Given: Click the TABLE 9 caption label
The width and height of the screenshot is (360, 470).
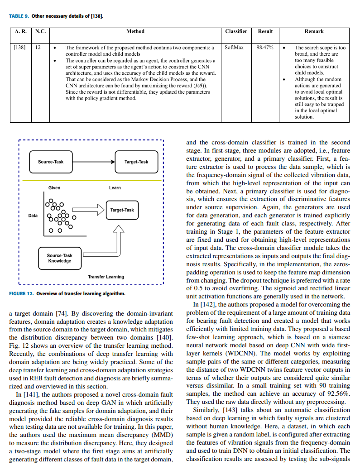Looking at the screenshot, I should (x=19, y=16).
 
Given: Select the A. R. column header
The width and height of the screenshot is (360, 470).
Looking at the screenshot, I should (x=21, y=31).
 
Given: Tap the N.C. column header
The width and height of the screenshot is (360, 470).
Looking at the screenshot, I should (x=40, y=31).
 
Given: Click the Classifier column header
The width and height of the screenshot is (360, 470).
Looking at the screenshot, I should (x=236, y=31).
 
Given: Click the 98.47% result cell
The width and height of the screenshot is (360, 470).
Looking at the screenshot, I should (x=265, y=47).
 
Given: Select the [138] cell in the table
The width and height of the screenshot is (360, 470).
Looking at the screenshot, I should (x=19, y=47).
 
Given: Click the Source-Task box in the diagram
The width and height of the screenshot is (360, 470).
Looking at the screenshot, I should (x=51, y=162).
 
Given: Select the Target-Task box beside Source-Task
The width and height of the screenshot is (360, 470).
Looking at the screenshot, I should (x=136, y=162).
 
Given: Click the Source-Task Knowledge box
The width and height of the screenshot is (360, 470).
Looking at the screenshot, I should (x=59, y=258).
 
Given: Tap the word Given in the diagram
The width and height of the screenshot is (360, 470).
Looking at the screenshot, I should (x=54, y=188).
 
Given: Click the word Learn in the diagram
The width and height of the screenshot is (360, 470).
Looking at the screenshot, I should (x=115, y=188).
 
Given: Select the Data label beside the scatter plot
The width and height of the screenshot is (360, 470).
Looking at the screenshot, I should (x=33, y=216).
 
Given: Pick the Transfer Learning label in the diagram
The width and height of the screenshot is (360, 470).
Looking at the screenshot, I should (x=106, y=277).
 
